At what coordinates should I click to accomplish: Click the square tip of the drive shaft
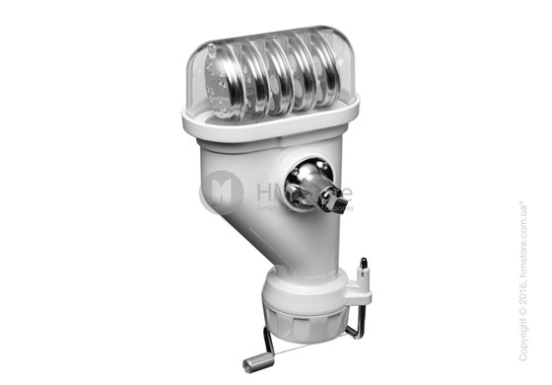point(339,205)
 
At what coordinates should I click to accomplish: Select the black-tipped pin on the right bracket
point(364,267)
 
